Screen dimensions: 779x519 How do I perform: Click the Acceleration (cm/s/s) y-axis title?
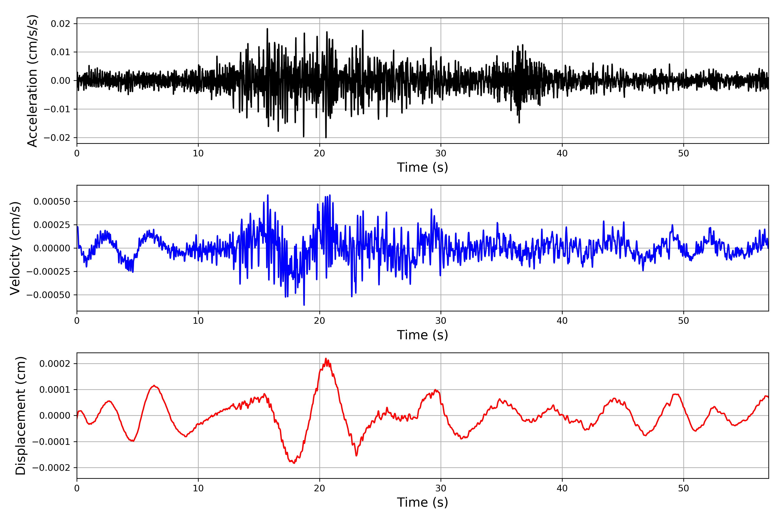(x=32, y=81)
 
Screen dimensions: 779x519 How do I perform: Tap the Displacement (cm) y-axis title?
(x=21, y=416)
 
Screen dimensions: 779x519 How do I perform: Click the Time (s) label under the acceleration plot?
(x=422, y=167)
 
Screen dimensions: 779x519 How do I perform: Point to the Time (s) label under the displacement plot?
(x=422, y=502)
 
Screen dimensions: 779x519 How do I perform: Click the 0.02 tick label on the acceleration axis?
(x=61, y=24)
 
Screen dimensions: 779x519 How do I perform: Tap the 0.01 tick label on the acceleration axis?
(x=61, y=52)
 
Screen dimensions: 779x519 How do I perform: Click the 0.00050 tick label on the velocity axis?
(x=52, y=202)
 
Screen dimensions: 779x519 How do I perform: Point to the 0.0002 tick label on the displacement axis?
(x=55, y=364)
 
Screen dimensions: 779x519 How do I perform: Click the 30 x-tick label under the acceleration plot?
(x=441, y=154)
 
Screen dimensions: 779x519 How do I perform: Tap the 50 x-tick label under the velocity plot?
(x=684, y=321)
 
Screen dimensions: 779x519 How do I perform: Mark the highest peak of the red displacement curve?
(x=326, y=359)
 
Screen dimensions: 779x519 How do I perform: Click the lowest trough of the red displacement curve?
(x=294, y=463)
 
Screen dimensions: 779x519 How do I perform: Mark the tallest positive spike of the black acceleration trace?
(x=267, y=29)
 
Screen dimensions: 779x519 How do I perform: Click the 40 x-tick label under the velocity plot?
(x=562, y=321)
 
